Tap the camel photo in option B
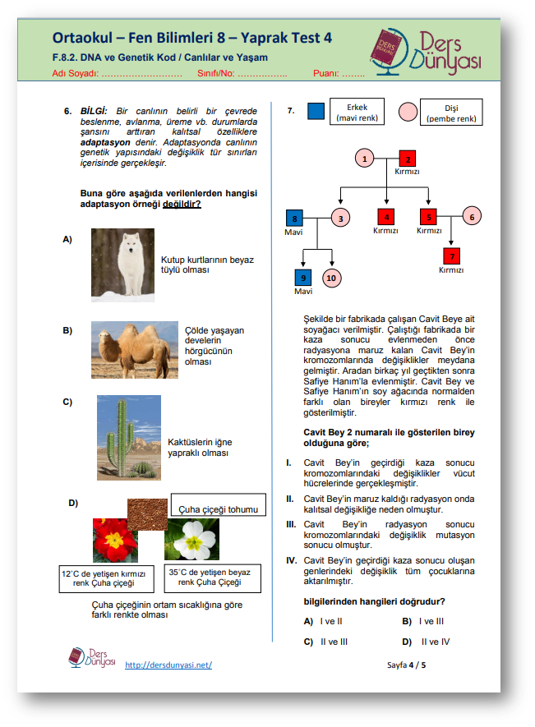tap(134, 349)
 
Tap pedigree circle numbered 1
tap(366, 159)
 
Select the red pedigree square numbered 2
tap(408, 159)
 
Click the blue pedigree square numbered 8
tap(294, 218)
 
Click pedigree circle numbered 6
tap(471, 217)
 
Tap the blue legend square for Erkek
tap(316, 112)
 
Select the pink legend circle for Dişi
tap(408, 112)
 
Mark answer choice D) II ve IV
tap(426, 642)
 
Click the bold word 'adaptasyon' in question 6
tap(102, 141)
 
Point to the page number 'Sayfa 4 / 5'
tap(406, 665)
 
